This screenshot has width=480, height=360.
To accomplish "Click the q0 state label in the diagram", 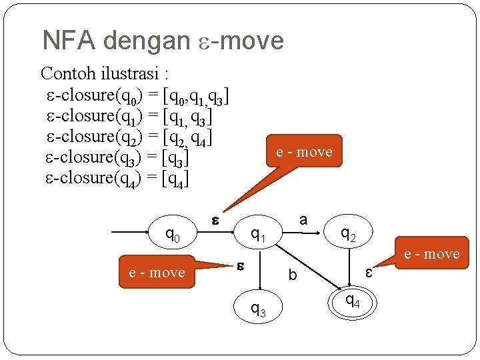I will click(x=173, y=235).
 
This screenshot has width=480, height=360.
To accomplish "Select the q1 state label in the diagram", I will click(x=258, y=234).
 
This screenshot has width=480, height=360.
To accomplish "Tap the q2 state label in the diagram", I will click(x=348, y=233).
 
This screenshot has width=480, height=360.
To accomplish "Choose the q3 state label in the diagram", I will click(x=257, y=308).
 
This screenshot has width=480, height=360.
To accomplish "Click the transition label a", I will click(x=303, y=219).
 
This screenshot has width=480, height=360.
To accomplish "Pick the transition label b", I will click(x=292, y=274).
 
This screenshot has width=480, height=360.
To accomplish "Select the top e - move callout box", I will click(x=304, y=153).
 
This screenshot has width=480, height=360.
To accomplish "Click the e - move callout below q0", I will click(x=157, y=271).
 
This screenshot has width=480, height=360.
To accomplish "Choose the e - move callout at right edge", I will click(x=431, y=253).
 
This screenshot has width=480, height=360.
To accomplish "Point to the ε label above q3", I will click(x=241, y=265).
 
